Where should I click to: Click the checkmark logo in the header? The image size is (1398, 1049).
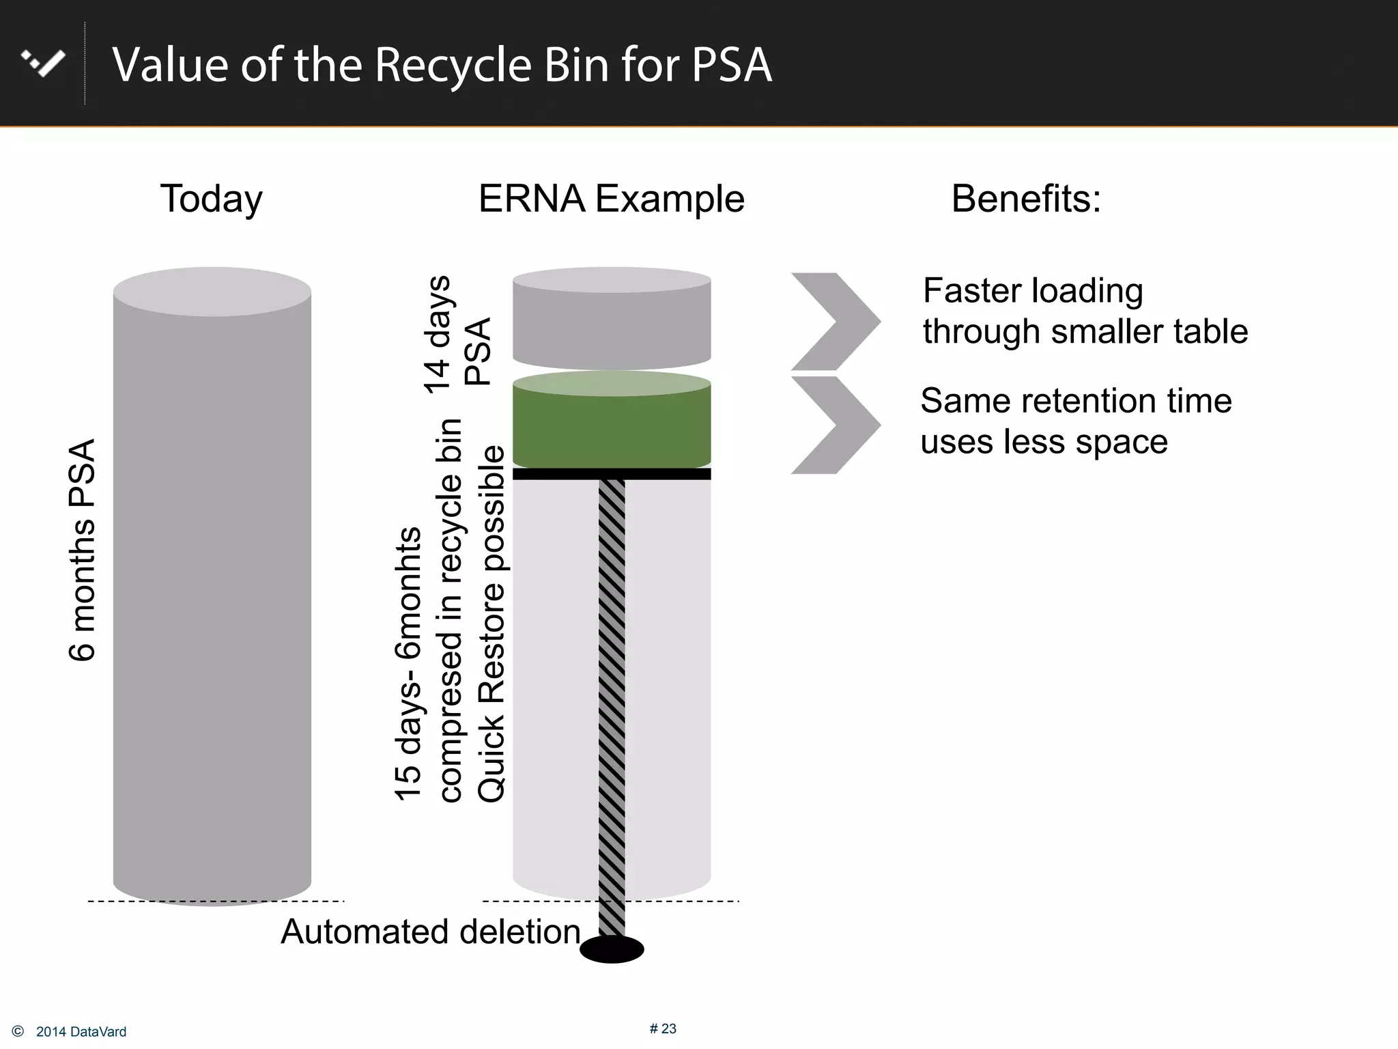pos(43,63)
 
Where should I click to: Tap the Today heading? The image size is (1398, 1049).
pos(211,199)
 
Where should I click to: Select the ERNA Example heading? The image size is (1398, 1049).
pos(611,199)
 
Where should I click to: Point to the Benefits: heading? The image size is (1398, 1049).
pos(1025,199)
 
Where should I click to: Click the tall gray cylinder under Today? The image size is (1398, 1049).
pos(212,587)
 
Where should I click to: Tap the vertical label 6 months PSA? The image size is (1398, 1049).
pos(83,550)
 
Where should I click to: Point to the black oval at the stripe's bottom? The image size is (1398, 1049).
pos(612,949)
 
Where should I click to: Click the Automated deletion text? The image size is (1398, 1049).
pos(430,932)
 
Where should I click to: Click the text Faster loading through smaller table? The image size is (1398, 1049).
pos(1084,311)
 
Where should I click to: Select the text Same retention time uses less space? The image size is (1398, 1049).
pos(1075,421)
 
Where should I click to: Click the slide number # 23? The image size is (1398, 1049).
pos(662,1029)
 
